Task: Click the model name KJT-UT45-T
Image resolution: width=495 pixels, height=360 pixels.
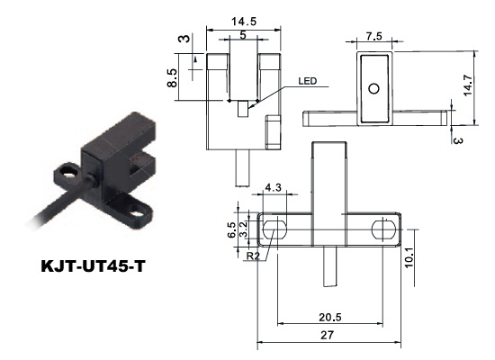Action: (93, 266)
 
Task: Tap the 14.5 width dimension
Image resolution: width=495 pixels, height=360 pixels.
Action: (244, 22)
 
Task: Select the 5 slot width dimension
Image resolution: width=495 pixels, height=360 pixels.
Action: (242, 35)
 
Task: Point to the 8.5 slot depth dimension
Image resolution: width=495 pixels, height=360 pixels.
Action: (172, 77)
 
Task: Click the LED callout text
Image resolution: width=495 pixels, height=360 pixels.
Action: (307, 81)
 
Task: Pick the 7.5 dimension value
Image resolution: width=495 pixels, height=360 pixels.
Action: (374, 36)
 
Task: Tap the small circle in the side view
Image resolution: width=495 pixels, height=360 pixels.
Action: (374, 89)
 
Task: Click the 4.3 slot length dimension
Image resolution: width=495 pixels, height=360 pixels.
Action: (273, 187)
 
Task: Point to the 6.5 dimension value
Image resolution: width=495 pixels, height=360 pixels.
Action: (231, 229)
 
